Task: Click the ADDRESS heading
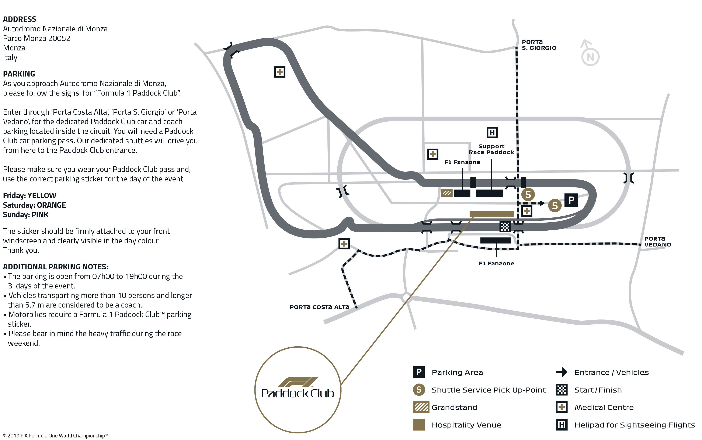point(20,19)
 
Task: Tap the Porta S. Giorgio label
point(539,45)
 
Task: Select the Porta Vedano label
point(657,242)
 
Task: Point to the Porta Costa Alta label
point(319,307)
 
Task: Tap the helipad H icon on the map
point(492,133)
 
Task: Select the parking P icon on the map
point(571,200)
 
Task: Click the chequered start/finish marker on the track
point(505,226)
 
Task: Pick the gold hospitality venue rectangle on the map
point(491,214)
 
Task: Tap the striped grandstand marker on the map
point(446,193)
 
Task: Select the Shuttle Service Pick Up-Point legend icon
point(418,390)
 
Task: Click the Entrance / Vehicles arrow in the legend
point(561,372)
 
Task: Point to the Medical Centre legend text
point(604,407)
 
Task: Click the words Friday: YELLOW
point(29,196)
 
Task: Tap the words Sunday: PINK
point(26,215)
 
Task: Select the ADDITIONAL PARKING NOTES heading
point(55,267)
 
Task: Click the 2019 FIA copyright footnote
point(55,436)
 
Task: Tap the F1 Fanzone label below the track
point(496,264)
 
